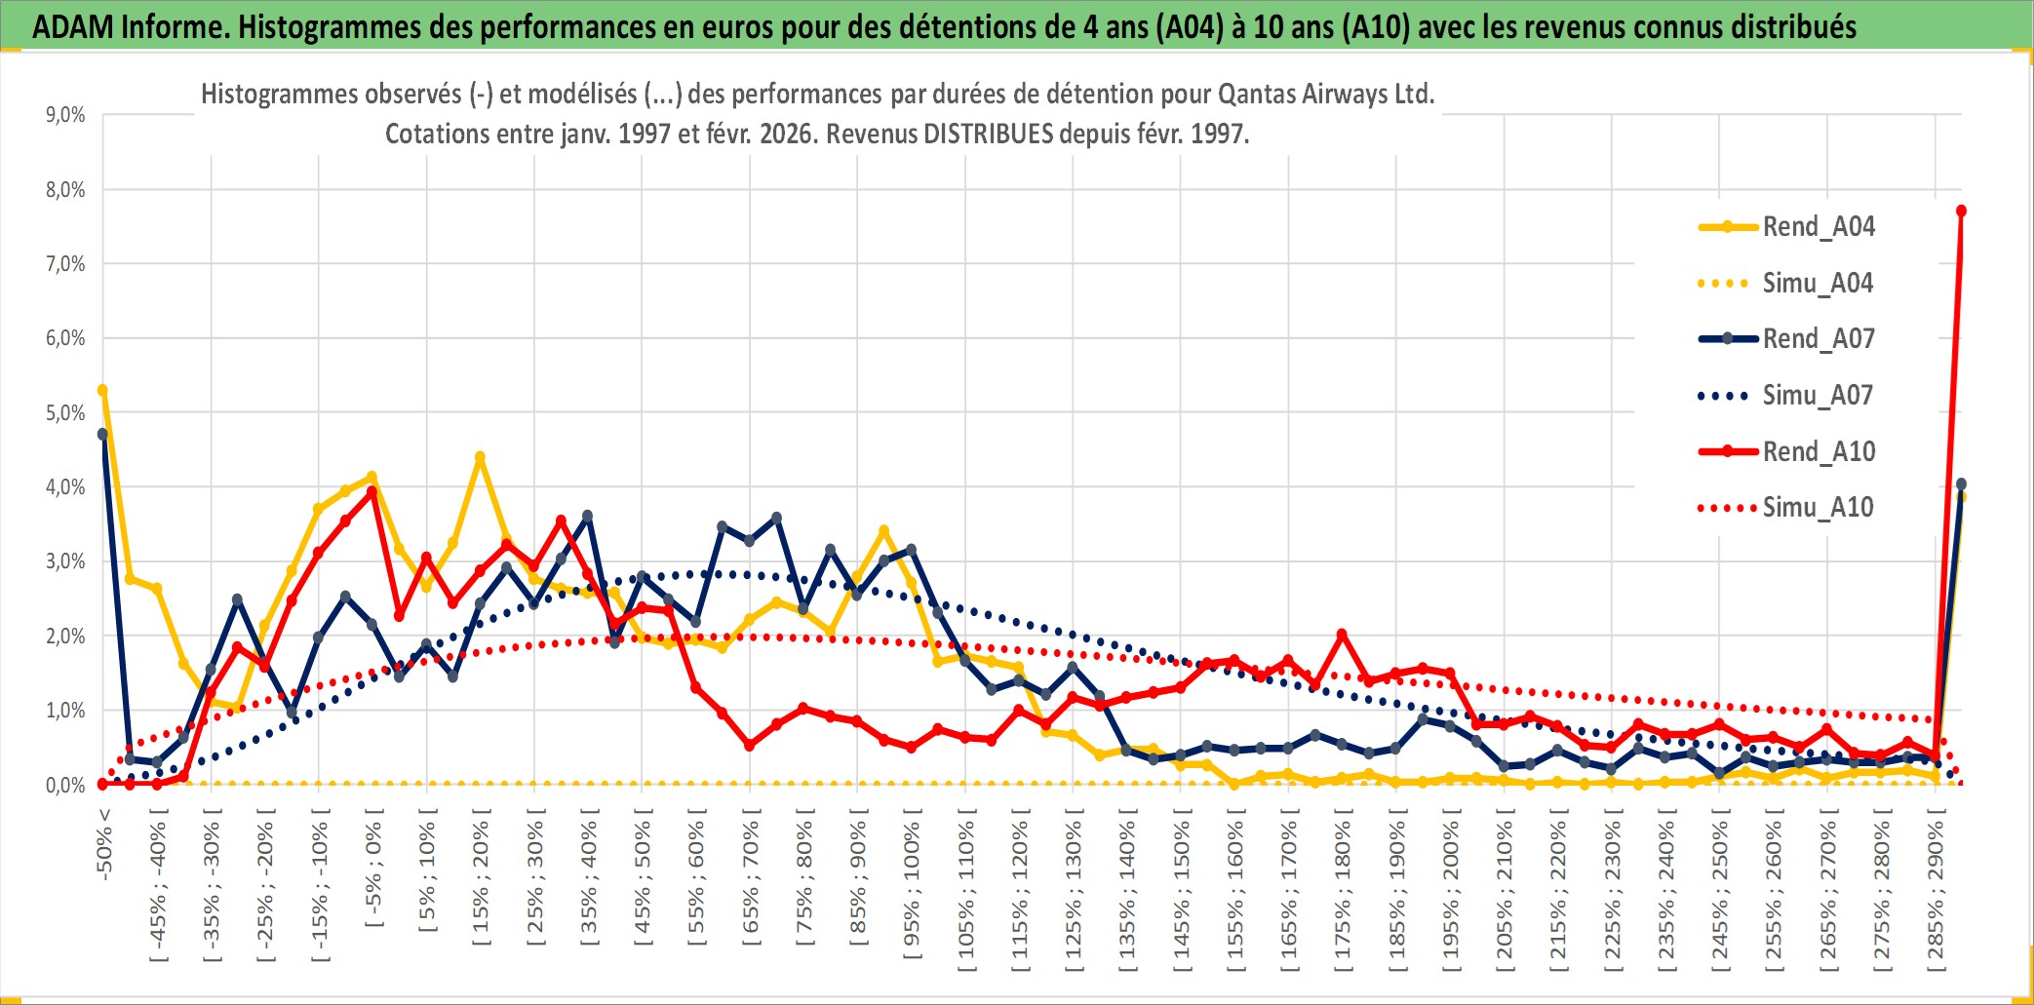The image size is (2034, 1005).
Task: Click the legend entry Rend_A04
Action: tap(1818, 227)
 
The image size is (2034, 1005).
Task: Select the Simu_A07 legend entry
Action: tap(1818, 396)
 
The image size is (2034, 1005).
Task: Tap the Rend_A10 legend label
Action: tap(1819, 452)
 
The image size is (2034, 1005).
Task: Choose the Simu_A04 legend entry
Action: tap(1818, 284)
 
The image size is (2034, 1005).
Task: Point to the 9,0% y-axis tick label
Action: tap(65, 115)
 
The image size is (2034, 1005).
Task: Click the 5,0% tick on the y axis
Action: tap(65, 413)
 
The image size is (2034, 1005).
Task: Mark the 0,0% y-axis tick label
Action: tap(65, 786)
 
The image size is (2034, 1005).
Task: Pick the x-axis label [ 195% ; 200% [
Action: tap(1451, 895)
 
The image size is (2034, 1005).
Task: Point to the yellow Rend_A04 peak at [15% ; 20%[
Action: tap(480, 457)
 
